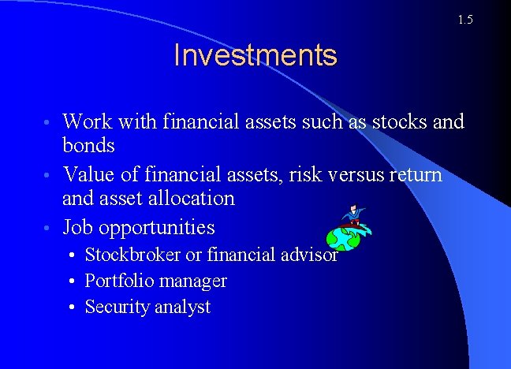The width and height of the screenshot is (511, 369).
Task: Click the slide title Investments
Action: pyautogui.click(x=255, y=56)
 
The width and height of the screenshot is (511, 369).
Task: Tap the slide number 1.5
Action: pyautogui.click(x=464, y=20)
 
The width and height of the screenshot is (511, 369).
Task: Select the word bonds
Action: pyautogui.click(x=88, y=146)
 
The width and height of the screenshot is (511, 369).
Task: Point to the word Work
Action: pyautogui.click(x=87, y=122)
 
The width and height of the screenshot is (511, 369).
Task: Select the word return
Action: pyautogui.click(x=415, y=173)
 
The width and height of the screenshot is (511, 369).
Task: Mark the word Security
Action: pyautogui.click(x=115, y=307)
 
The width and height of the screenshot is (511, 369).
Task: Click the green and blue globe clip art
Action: pyautogui.click(x=342, y=237)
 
